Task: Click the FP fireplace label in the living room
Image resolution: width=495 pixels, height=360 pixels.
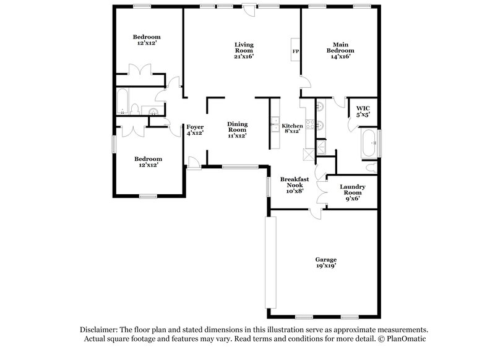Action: [295, 51]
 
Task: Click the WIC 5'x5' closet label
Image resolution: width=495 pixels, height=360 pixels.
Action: [363, 111]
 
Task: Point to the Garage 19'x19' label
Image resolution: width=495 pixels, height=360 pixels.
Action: [325, 263]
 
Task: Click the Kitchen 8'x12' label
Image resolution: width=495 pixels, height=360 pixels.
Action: [293, 128]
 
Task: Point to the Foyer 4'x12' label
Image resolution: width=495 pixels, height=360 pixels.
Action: [195, 129]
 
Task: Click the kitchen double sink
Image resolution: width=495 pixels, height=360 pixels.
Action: [274, 126]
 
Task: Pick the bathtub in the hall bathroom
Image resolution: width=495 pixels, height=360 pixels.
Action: [121, 103]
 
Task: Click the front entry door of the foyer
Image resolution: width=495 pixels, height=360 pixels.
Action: [193, 163]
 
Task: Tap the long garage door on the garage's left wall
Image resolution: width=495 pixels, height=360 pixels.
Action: [269, 262]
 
